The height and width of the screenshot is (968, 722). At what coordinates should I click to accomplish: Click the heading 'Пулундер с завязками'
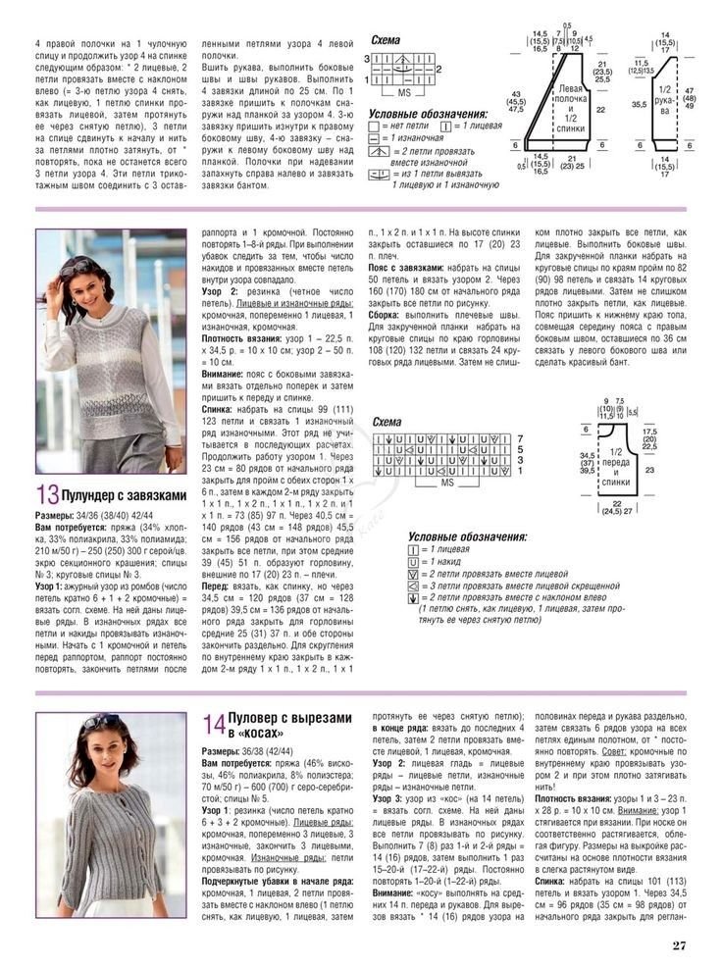pos(125,496)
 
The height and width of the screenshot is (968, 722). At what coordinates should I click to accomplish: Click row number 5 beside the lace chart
pos(521,447)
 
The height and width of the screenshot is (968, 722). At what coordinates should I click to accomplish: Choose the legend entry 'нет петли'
pos(402,127)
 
